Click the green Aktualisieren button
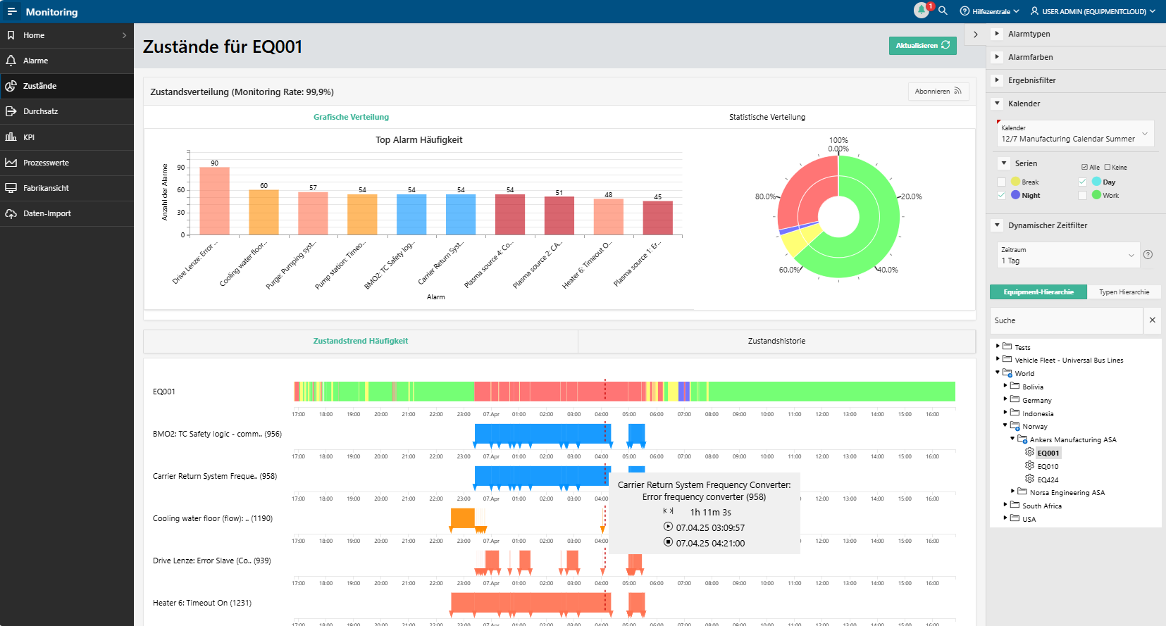click(x=922, y=46)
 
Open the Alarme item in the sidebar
click(x=35, y=61)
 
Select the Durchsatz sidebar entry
click(x=40, y=111)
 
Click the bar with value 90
click(x=214, y=201)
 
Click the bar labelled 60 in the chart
click(x=263, y=212)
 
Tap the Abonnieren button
click(x=938, y=92)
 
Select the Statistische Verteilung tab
click(x=767, y=117)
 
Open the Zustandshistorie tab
click(x=776, y=341)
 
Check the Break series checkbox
click(x=1001, y=182)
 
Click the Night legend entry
click(x=1030, y=196)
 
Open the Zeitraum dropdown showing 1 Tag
click(x=1067, y=256)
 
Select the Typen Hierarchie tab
click(x=1123, y=292)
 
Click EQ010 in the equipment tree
click(x=1047, y=467)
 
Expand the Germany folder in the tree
click(x=1005, y=399)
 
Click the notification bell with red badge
click(x=922, y=11)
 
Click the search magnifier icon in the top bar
click(x=943, y=11)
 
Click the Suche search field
click(x=1065, y=320)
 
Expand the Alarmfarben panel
click(x=1030, y=57)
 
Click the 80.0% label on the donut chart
click(x=765, y=196)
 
